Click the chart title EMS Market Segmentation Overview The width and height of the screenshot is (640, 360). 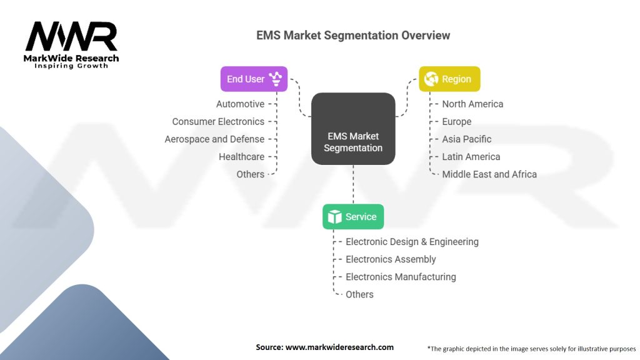pyautogui.click(x=352, y=35)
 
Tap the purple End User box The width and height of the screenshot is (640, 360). pyautogui.click(x=254, y=79)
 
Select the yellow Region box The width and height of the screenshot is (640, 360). pyautogui.click(x=449, y=79)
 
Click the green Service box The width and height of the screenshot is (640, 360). pyautogui.click(x=353, y=217)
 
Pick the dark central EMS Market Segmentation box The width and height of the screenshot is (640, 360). pyautogui.click(x=353, y=129)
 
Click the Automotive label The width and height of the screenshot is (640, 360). pyautogui.click(x=240, y=104)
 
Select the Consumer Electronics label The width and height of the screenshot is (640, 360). pyautogui.click(x=218, y=121)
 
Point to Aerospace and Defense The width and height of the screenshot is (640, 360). pyautogui.click(x=214, y=139)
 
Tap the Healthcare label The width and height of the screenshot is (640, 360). pyautogui.click(x=241, y=156)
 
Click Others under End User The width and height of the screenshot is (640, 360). pyautogui.click(x=250, y=174)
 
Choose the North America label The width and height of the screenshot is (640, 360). pyautogui.click(x=472, y=104)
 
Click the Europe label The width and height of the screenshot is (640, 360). pyautogui.click(x=457, y=121)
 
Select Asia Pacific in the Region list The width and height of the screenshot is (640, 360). pyautogui.click(x=467, y=139)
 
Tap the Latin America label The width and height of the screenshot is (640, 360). pyautogui.click(x=471, y=156)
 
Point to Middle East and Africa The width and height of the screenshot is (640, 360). pyautogui.click(x=489, y=174)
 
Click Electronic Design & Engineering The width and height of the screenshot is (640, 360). pyautogui.click(x=412, y=241)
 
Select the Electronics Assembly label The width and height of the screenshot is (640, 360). pyautogui.click(x=391, y=259)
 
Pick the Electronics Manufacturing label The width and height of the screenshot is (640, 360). pyautogui.click(x=401, y=276)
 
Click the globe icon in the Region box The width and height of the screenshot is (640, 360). pyautogui.click(x=431, y=79)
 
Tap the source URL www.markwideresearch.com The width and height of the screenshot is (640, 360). pyautogui.click(x=339, y=347)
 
